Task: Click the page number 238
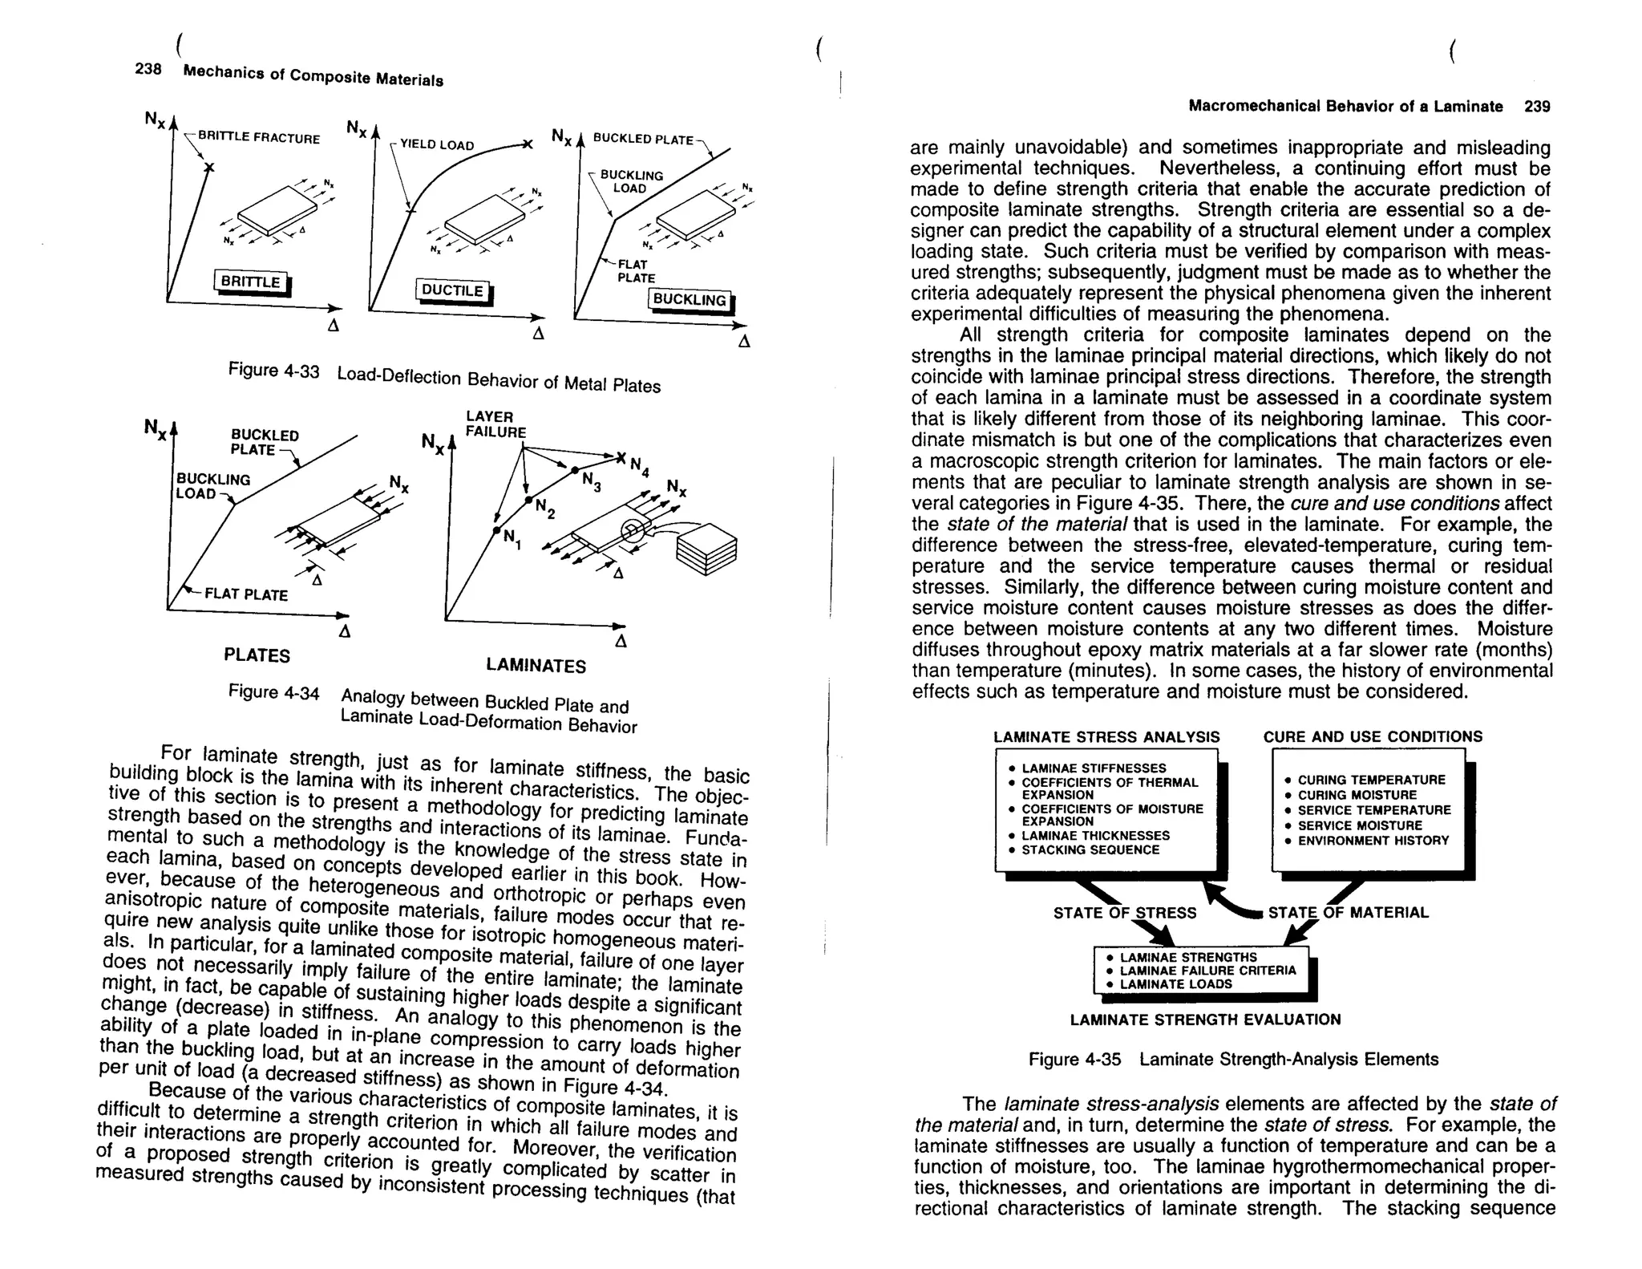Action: click(148, 68)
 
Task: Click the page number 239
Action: click(1537, 107)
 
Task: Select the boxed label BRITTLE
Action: click(251, 282)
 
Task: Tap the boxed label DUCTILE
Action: click(453, 290)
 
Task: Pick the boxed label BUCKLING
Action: click(690, 300)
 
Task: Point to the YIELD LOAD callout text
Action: click(437, 145)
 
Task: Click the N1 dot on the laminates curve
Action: click(497, 531)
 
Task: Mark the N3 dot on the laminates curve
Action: click(575, 469)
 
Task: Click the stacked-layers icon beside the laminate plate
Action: click(706, 549)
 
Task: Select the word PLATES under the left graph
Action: click(257, 655)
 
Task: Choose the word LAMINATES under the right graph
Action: click(536, 666)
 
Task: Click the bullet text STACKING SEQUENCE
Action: click(1090, 849)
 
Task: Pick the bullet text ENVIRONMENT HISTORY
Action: click(1373, 841)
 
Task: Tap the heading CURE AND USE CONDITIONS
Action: click(1373, 736)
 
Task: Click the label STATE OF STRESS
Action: click(1124, 913)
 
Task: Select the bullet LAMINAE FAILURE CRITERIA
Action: click(1207, 971)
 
